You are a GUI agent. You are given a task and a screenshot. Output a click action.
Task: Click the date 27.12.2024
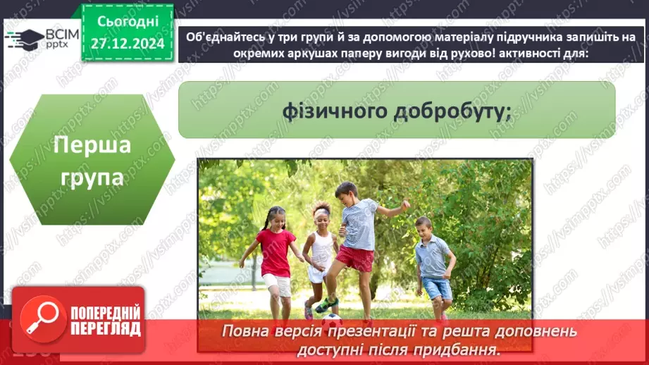pos(127,42)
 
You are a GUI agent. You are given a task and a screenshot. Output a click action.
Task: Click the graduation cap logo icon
pos(24,38)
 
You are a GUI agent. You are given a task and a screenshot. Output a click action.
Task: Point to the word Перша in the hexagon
pos(92,146)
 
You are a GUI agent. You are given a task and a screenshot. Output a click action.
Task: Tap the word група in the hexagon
pos(92,176)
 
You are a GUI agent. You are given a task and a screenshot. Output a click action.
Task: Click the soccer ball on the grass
pos(332,318)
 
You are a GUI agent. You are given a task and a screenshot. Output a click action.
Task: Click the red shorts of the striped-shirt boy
pos(354,259)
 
